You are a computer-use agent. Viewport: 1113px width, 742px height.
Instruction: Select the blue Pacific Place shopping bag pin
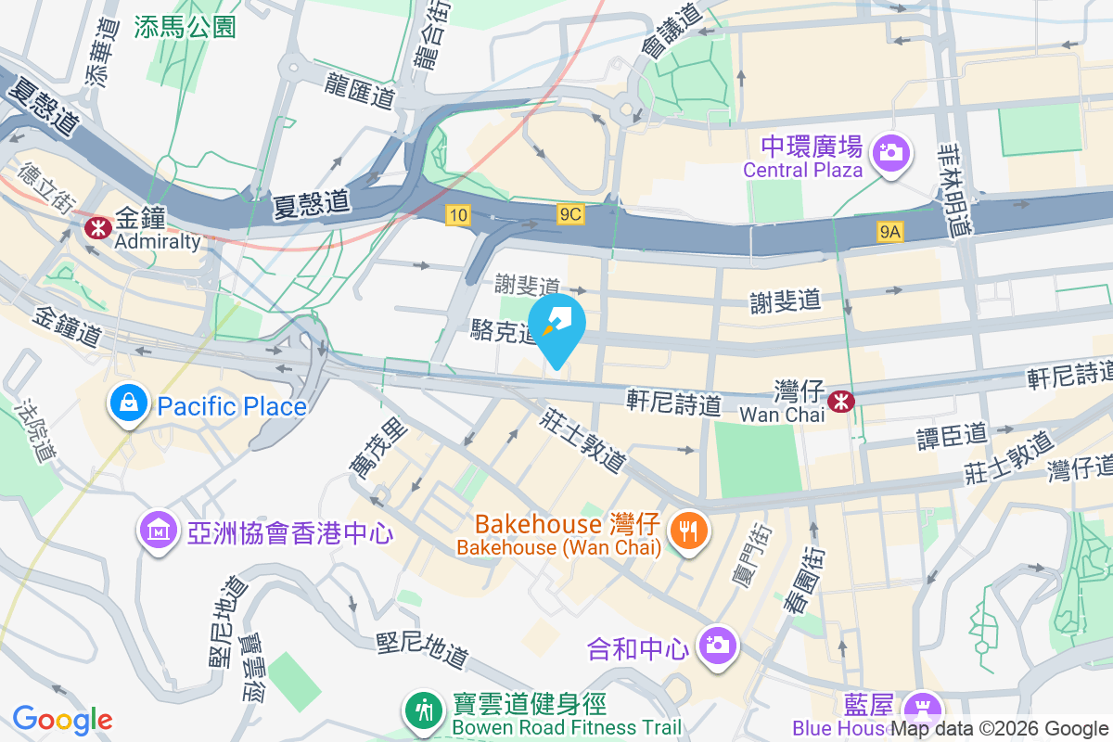pos(124,404)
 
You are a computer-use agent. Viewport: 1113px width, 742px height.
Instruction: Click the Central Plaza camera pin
pos(891,150)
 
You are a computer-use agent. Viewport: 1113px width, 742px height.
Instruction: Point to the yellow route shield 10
pos(457,215)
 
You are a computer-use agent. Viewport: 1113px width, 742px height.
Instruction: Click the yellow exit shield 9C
pos(570,215)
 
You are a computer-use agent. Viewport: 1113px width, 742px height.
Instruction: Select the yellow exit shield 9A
pos(889,233)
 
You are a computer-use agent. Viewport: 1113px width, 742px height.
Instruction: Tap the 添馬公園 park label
pos(185,27)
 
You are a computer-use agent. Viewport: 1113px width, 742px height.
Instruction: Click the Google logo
pos(62,719)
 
